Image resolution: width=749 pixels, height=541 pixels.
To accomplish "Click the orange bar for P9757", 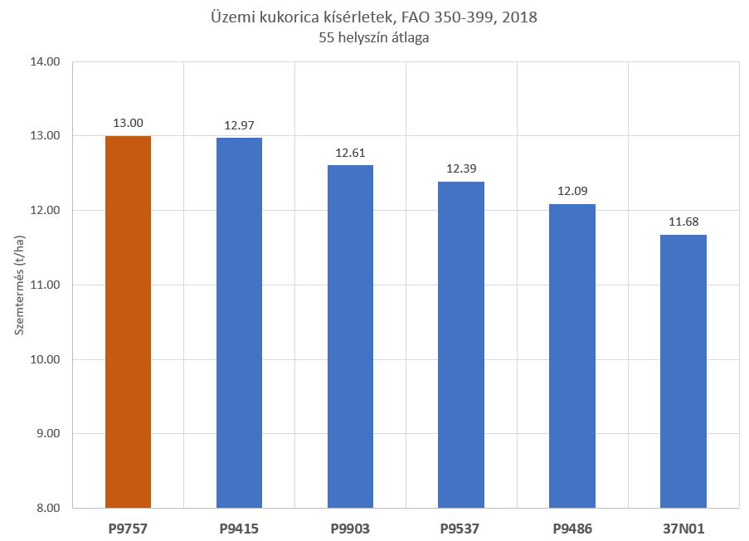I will coord(128,322).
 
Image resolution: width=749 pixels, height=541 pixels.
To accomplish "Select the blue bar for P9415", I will coord(239,323).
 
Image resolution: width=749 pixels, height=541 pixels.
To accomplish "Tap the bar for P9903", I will coord(350,336).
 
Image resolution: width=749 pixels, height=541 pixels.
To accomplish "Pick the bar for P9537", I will coord(461,344).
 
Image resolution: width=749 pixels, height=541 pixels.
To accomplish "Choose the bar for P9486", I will coord(572,356).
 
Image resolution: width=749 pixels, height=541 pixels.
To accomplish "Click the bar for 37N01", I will coord(683,371).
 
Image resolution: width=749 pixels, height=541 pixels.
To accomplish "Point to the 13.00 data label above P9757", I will coord(128,124).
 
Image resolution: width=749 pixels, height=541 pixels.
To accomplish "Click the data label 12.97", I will coord(239,126).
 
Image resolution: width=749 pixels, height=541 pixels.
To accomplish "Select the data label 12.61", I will coord(350,153).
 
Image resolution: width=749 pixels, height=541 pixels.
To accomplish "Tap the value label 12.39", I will coord(461,169).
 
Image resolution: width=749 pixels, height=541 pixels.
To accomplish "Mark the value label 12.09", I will coord(572,192).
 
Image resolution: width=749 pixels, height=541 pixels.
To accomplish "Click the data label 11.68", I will coord(683,222).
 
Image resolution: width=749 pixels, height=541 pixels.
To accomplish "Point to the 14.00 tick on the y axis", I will coord(46,61).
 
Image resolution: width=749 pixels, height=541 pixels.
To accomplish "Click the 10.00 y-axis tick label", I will coord(46,359).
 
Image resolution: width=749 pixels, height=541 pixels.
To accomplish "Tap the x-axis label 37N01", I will coord(683,528).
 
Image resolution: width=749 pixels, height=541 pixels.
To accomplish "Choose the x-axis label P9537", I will coord(461,528).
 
